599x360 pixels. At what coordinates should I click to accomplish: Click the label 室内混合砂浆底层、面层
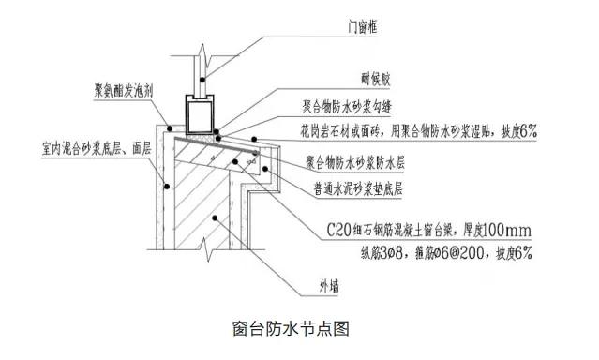[89, 147]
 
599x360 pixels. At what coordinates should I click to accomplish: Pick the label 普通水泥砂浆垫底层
[358, 187]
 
